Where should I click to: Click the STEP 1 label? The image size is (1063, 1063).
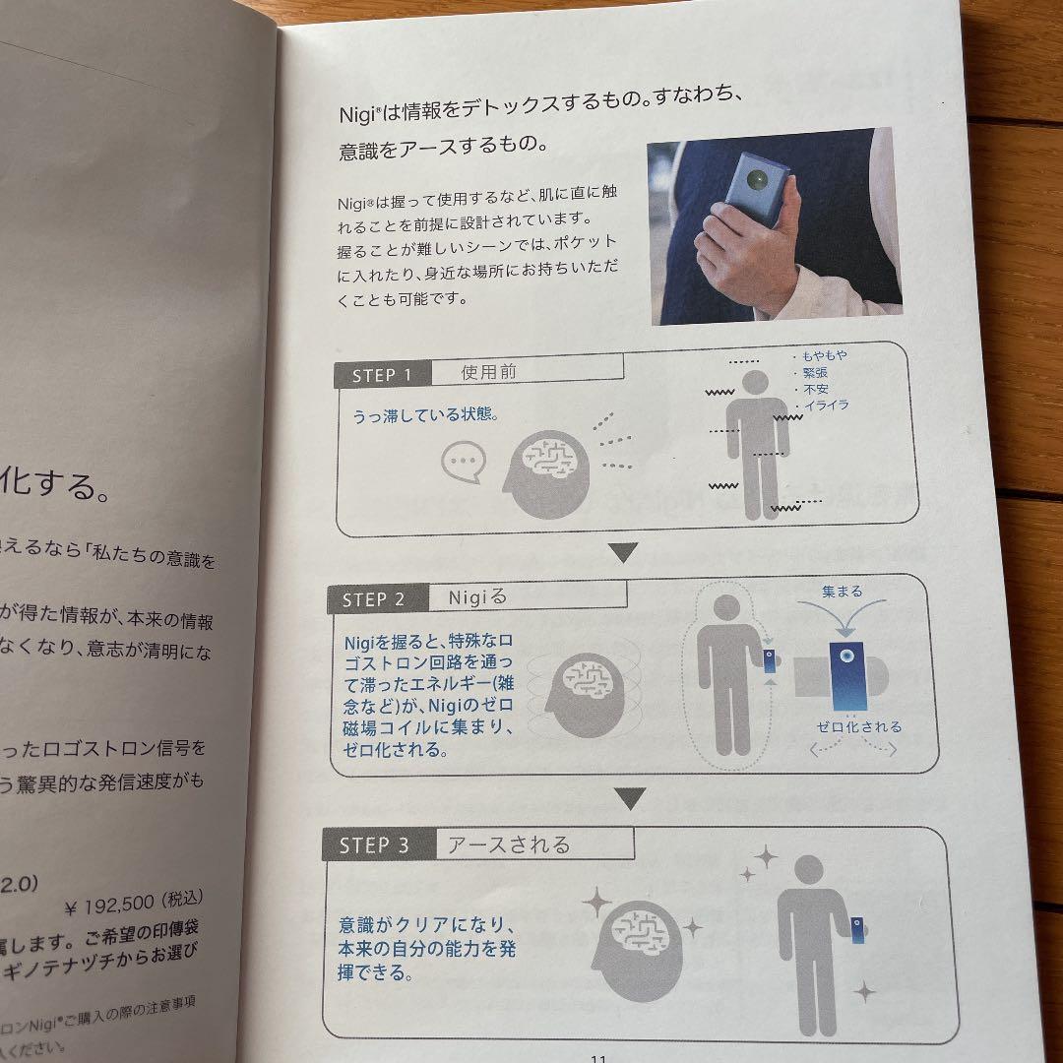pyautogui.click(x=389, y=375)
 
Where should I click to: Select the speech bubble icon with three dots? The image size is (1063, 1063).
pyautogui.click(x=463, y=461)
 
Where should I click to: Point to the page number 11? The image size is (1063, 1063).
pyautogui.click(x=597, y=1057)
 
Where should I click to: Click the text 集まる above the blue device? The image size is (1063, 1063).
pyautogui.click(x=842, y=592)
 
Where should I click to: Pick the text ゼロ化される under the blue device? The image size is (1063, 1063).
pyautogui.click(x=858, y=727)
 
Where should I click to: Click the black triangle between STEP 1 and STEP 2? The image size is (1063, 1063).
pyautogui.click(x=624, y=552)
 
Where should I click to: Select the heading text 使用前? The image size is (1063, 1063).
pyautogui.click(x=488, y=372)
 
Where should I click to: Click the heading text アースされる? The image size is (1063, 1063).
pyautogui.click(x=508, y=844)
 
